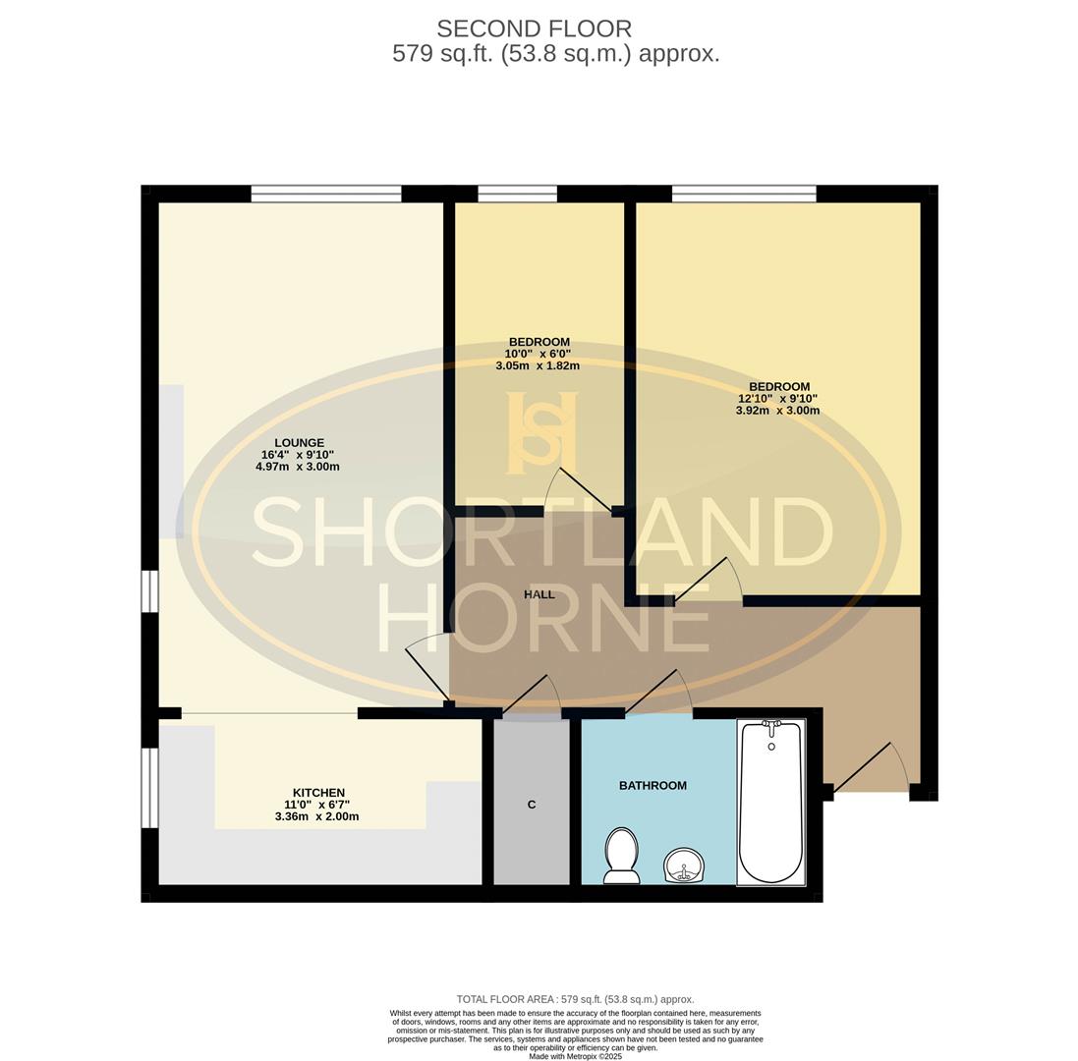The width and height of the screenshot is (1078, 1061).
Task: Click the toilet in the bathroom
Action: [621, 855]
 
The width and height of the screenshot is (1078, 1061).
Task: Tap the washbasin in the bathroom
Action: [684, 866]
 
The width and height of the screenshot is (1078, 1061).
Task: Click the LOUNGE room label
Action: [299, 443]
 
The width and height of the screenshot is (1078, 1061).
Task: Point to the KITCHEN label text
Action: [318, 793]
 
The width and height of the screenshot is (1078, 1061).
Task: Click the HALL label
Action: [539, 594]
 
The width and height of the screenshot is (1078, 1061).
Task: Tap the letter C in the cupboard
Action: [532, 805]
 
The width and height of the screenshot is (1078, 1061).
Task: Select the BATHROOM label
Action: [652, 785]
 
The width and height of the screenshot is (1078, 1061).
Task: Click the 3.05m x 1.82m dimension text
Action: [537, 365]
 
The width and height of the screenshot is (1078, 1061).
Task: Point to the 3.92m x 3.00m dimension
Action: [777, 411]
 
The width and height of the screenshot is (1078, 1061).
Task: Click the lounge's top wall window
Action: [325, 194]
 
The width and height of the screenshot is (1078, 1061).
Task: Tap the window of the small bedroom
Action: [517, 194]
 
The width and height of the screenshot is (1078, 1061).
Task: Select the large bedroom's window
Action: [744, 194]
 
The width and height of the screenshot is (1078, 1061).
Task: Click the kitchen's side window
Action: [150, 788]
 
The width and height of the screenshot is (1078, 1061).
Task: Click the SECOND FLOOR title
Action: [534, 28]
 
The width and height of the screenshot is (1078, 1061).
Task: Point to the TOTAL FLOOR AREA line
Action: [575, 999]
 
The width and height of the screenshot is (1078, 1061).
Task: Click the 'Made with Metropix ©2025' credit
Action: [575, 1056]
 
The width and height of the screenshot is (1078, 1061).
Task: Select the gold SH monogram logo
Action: [541, 432]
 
